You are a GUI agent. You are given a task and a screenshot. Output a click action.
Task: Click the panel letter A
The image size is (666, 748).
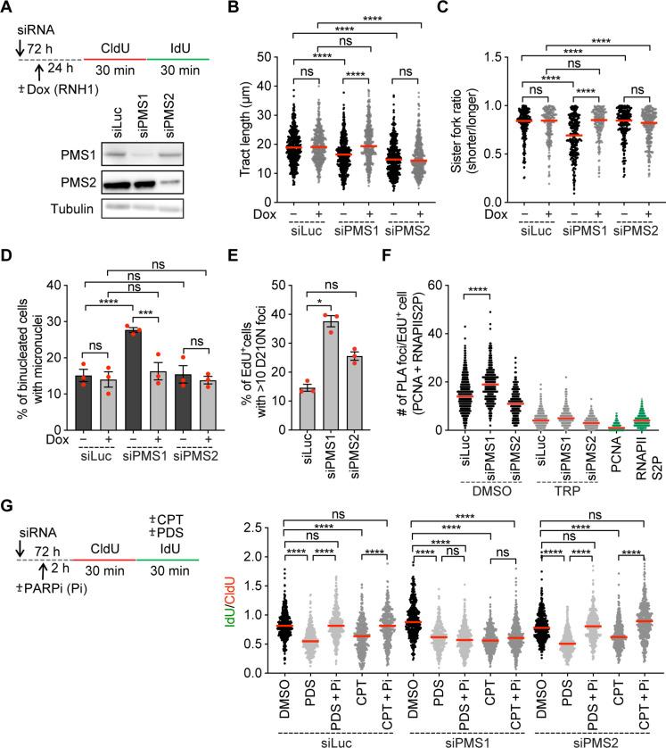click(x=8, y=8)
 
